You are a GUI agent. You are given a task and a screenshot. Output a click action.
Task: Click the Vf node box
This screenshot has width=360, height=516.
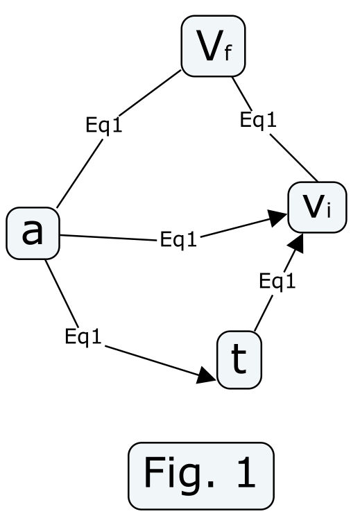(x=213, y=46)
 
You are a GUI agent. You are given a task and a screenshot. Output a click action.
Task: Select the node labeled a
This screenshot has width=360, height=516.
(x=33, y=233)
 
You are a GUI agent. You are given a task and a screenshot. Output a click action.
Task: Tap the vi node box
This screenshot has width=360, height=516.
(x=317, y=207)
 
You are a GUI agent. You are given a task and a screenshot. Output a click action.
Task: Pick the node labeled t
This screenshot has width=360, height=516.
(x=239, y=360)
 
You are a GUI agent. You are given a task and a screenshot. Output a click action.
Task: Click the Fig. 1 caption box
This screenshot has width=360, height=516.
(x=200, y=476)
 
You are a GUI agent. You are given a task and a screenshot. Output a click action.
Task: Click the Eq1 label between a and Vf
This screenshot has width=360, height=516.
(x=103, y=126)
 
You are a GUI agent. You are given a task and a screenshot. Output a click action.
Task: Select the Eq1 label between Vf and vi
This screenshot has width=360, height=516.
(x=258, y=120)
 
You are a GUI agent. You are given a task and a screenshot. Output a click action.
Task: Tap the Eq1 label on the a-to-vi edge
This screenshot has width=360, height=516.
(x=178, y=239)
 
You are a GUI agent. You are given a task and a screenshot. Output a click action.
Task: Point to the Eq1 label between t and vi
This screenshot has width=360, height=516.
(x=277, y=282)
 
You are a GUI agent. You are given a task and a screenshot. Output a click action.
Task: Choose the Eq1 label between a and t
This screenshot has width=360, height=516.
(x=83, y=336)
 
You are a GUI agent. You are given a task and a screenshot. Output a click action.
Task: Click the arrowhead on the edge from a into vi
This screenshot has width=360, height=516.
(x=277, y=218)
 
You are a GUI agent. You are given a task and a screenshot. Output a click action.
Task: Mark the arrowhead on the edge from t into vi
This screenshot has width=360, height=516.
(x=295, y=243)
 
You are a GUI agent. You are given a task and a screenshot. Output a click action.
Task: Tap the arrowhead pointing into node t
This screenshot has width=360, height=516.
(x=206, y=376)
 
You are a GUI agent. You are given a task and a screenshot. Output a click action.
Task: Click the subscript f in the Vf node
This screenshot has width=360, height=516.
(x=228, y=53)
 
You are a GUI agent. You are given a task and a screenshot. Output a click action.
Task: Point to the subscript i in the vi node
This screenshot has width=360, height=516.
(x=328, y=211)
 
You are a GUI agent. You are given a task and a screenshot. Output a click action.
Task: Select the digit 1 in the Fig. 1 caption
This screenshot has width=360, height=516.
(x=246, y=472)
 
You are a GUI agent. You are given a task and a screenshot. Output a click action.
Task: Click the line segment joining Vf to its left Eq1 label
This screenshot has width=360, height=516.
(x=150, y=93)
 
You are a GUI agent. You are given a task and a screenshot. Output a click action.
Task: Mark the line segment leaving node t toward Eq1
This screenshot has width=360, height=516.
(x=264, y=313)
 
